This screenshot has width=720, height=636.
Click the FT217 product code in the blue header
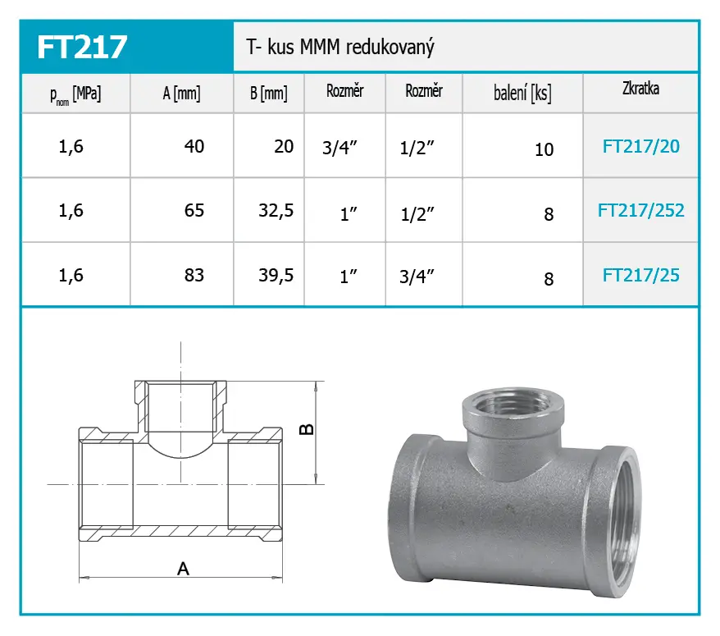82,46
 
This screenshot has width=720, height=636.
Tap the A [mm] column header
181,94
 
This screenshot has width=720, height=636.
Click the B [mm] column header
268,94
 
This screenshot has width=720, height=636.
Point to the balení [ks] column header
522,94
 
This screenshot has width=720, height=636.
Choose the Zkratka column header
640,89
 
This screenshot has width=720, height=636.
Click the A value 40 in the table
194,146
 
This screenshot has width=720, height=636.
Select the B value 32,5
276,211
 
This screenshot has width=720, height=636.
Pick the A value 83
194,275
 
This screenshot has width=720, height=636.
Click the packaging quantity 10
544,149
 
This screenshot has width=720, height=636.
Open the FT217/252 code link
640,211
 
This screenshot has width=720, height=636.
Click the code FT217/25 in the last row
640,275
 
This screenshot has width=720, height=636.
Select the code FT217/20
640,147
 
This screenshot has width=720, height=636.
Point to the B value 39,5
276,275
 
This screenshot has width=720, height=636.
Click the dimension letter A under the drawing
183,568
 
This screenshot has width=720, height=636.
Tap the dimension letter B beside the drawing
306,429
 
